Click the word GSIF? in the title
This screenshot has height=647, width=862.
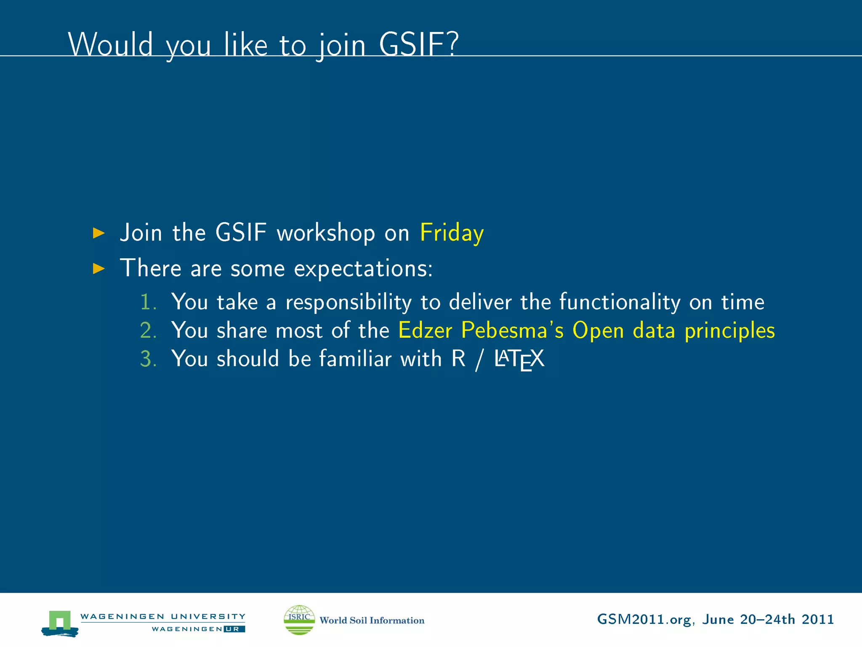[x=418, y=44]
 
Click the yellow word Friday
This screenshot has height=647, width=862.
[x=452, y=233]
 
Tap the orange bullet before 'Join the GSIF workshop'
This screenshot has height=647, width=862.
[x=98, y=233]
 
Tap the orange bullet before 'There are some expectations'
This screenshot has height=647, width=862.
[x=98, y=268]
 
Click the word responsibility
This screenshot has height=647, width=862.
[x=349, y=302]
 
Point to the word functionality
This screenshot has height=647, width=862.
[x=620, y=302]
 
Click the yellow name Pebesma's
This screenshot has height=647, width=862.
[x=512, y=330]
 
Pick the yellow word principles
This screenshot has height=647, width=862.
[x=729, y=331]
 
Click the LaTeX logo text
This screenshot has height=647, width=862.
[x=519, y=359]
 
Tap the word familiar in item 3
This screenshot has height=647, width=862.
[x=355, y=359]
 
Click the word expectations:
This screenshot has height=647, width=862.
[x=363, y=269]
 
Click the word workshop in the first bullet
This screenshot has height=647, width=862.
[x=325, y=233]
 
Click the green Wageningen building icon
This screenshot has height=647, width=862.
[x=60, y=622]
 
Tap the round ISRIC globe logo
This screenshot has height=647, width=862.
[x=299, y=620]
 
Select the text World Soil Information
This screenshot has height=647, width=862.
[x=372, y=620]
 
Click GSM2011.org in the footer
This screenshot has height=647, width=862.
[x=644, y=620]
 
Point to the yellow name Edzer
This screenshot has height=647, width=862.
[x=425, y=330]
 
